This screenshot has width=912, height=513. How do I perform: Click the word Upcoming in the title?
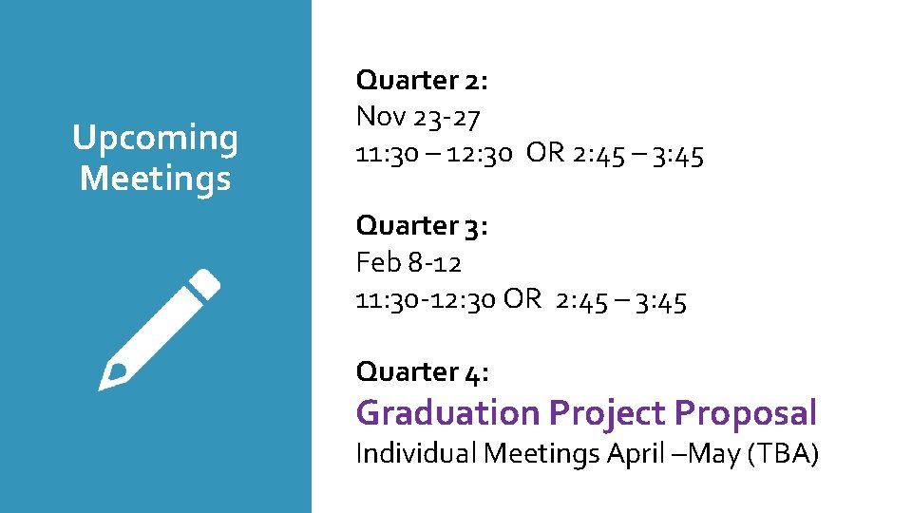tap(155, 139)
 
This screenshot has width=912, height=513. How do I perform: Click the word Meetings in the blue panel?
tap(155, 178)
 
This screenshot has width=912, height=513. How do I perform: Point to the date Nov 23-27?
tap(418, 118)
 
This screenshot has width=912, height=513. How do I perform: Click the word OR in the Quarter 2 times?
tap(545, 154)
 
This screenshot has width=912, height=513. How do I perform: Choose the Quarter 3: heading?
tap(422, 226)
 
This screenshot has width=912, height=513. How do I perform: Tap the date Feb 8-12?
tap(408, 262)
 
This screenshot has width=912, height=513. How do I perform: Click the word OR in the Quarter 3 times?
tap(522, 300)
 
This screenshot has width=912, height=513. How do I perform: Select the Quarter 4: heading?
tap(422, 371)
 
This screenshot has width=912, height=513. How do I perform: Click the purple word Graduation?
tap(447, 413)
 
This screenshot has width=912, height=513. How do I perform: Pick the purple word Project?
tap(606, 413)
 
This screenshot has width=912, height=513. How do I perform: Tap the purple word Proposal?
tap(745, 413)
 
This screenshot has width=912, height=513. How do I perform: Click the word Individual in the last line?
tap(415, 454)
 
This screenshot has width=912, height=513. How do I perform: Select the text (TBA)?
tap(783, 454)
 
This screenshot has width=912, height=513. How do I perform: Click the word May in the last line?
tap(713, 454)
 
